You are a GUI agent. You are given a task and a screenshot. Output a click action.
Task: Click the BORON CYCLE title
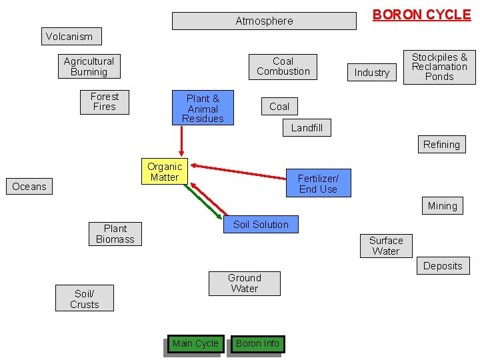pos(421,15)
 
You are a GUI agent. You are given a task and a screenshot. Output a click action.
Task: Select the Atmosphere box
pos(264,21)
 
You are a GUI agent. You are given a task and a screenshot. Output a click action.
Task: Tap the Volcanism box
pos(69,37)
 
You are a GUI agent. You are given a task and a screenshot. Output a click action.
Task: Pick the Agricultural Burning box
pos(89,67)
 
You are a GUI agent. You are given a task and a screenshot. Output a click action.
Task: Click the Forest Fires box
pos(105,102)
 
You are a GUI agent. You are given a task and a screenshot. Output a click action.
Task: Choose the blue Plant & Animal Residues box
pos(203,108)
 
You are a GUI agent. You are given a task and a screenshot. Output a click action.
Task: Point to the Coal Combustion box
pos(283,66)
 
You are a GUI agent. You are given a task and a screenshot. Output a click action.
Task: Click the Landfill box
pos(307,128)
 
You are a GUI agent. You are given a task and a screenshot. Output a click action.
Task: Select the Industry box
pos(372,73)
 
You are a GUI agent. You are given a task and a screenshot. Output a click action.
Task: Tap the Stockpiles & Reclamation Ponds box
pos(439,67)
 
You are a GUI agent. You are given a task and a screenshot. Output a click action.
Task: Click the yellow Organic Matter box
pos(165,172)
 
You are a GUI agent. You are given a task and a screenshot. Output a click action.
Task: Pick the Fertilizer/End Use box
pos(318,184)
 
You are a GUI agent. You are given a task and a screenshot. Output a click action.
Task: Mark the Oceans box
pos(29,187)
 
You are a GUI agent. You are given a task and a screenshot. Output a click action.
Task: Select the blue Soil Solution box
pos(261,225)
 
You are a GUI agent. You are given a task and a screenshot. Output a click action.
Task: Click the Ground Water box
pos(245,283)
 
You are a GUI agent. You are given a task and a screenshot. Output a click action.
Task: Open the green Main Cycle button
pos(195,344)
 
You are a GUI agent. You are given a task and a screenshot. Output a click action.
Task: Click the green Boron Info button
pos(258,344)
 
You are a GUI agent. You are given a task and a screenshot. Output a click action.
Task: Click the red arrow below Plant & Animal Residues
pos(181,141)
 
